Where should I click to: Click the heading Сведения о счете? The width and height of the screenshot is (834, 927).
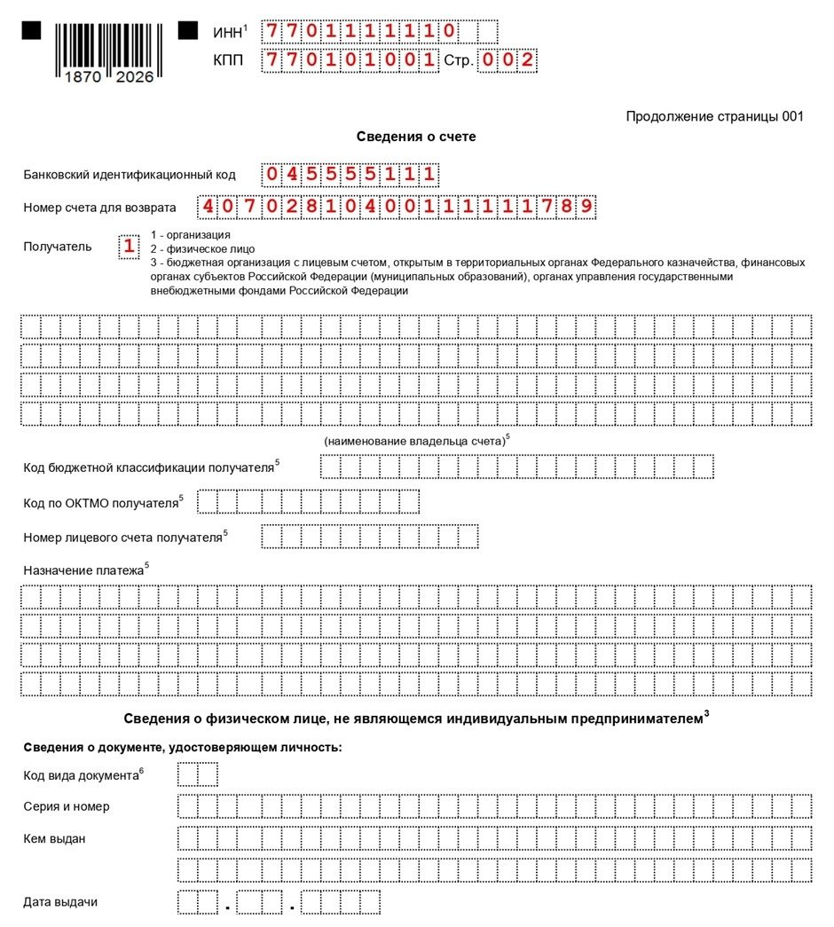click(416, 137)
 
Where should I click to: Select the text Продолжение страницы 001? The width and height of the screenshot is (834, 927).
click(714, 116)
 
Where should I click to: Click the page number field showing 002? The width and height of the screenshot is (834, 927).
click(507, 60)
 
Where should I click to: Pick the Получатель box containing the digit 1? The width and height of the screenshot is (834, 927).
click(130, 247)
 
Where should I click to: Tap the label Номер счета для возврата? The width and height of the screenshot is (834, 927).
click(99, 208)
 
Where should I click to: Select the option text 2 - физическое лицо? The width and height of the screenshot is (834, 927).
click(202, 249)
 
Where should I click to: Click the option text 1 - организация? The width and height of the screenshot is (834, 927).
click(191, 235)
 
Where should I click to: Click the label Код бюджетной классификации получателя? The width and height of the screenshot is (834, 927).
click(149, 467)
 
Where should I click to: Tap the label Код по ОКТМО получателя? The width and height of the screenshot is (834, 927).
click(101, 503)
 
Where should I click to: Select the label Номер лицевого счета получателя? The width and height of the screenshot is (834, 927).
click(122, 537)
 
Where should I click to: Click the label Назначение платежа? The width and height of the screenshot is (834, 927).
click(83, 570)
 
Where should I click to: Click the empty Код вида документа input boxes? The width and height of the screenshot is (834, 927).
click(197, 775)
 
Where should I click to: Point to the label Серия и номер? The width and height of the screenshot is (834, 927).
click(67, 806)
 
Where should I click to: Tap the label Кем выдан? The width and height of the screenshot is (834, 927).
click(54, 838)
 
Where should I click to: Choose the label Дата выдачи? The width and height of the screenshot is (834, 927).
click(60, 902)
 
